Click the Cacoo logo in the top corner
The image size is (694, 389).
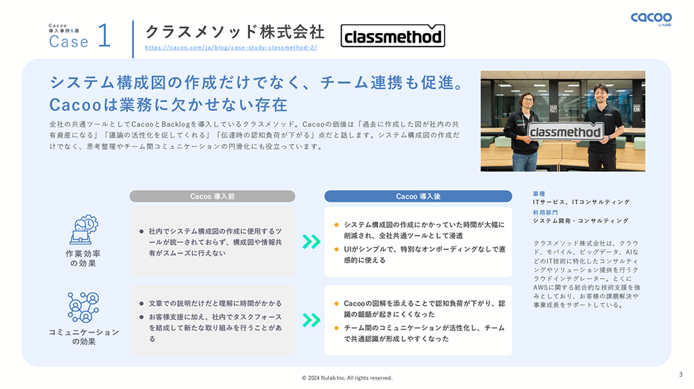(x=651, y=18)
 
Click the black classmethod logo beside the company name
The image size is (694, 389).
(x=392, y=37)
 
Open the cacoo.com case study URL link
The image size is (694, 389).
(x=231, y=48)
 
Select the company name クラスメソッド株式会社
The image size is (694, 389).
(x=235, y=31)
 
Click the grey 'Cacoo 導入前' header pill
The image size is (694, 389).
(x=212, y=196)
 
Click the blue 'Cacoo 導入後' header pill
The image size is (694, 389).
(x=417, y=196)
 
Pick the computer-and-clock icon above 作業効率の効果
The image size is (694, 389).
(x=83, y=230)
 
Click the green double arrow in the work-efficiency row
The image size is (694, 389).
(x=310, y=242)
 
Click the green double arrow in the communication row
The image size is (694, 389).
(x=310, y=320)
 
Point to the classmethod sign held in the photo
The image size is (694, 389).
(x=565, y=132)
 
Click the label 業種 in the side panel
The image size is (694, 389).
(x=540, y=193)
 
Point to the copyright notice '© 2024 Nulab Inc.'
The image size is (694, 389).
(x=346, y=377)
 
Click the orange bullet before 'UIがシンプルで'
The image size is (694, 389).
(x=336, y=250)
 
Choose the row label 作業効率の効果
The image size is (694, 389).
(x=83, y=258)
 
